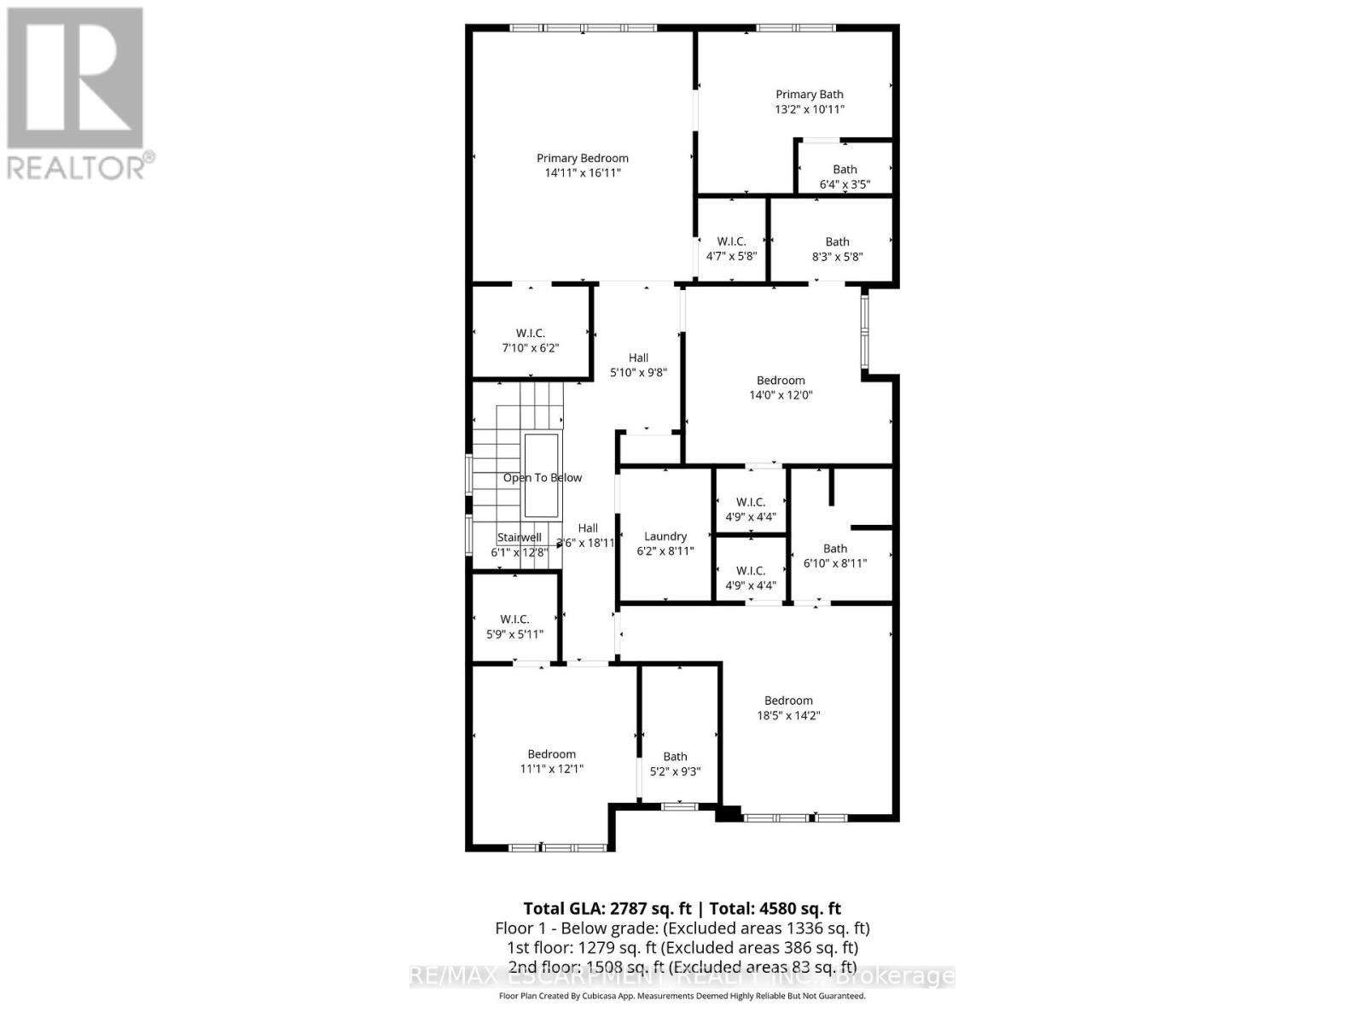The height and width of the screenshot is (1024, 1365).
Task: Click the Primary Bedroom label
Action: pos(583,158)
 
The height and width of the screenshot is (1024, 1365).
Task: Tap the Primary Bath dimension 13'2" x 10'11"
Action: pos(809,109)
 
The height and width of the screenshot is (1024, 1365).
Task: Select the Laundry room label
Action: pos(665,537)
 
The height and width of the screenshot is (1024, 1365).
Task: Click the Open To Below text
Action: pos(543,478)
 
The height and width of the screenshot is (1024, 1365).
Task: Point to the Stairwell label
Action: pos(520,538)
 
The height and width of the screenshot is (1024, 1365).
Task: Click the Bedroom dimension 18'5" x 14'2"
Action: pos(788,716)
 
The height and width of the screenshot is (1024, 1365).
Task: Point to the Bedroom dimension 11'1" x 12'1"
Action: pos(552,769)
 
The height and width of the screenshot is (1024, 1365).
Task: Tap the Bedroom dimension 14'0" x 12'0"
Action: pos(781,395)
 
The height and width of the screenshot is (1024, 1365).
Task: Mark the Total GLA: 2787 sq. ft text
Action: pos(607,909)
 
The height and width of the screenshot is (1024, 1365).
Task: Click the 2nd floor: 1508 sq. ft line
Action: pos(682,967)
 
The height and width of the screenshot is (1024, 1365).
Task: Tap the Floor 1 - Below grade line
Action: pos(682,928)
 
